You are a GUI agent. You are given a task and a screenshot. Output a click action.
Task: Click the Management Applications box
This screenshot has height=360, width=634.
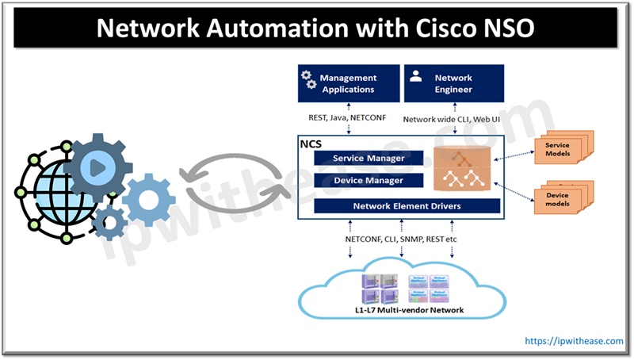click(x=346, y=83)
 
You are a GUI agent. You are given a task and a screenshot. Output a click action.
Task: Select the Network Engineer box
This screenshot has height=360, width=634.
click(x=453, y=83)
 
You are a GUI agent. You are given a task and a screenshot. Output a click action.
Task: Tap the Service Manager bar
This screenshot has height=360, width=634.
click(x=369, y=159)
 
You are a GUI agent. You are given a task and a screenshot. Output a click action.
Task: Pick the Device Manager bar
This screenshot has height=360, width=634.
click(x=369, y=180)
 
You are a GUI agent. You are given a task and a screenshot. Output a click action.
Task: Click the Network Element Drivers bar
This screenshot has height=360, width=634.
click(x=407, y=206)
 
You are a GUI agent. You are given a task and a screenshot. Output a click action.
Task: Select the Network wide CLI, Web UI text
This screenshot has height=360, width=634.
click(x=453, y=120)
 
